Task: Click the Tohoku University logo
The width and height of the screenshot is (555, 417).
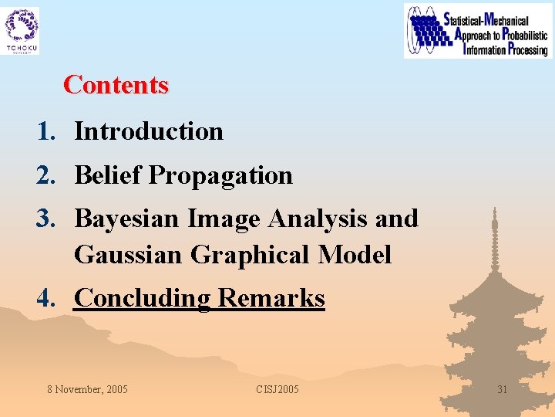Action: point(22,31)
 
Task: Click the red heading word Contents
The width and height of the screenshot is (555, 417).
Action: point(116,84)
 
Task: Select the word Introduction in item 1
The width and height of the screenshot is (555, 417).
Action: point(149,131)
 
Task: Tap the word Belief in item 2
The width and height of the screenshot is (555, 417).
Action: point(108,175)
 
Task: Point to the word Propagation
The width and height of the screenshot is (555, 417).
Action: point(220,176)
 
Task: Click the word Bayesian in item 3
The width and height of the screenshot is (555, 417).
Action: point(127,219)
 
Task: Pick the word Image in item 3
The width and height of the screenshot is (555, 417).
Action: point(224,219)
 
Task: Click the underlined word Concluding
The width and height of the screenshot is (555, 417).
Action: point(143,298)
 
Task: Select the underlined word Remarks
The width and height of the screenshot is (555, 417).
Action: point(271,297)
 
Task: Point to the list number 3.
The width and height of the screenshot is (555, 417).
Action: point(45,219)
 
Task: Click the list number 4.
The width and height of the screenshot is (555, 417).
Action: point(45,297)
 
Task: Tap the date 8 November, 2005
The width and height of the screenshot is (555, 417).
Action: point(87,389)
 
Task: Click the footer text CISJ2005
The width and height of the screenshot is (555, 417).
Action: point(277,389)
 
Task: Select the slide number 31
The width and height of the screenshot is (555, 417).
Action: point(502,389)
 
